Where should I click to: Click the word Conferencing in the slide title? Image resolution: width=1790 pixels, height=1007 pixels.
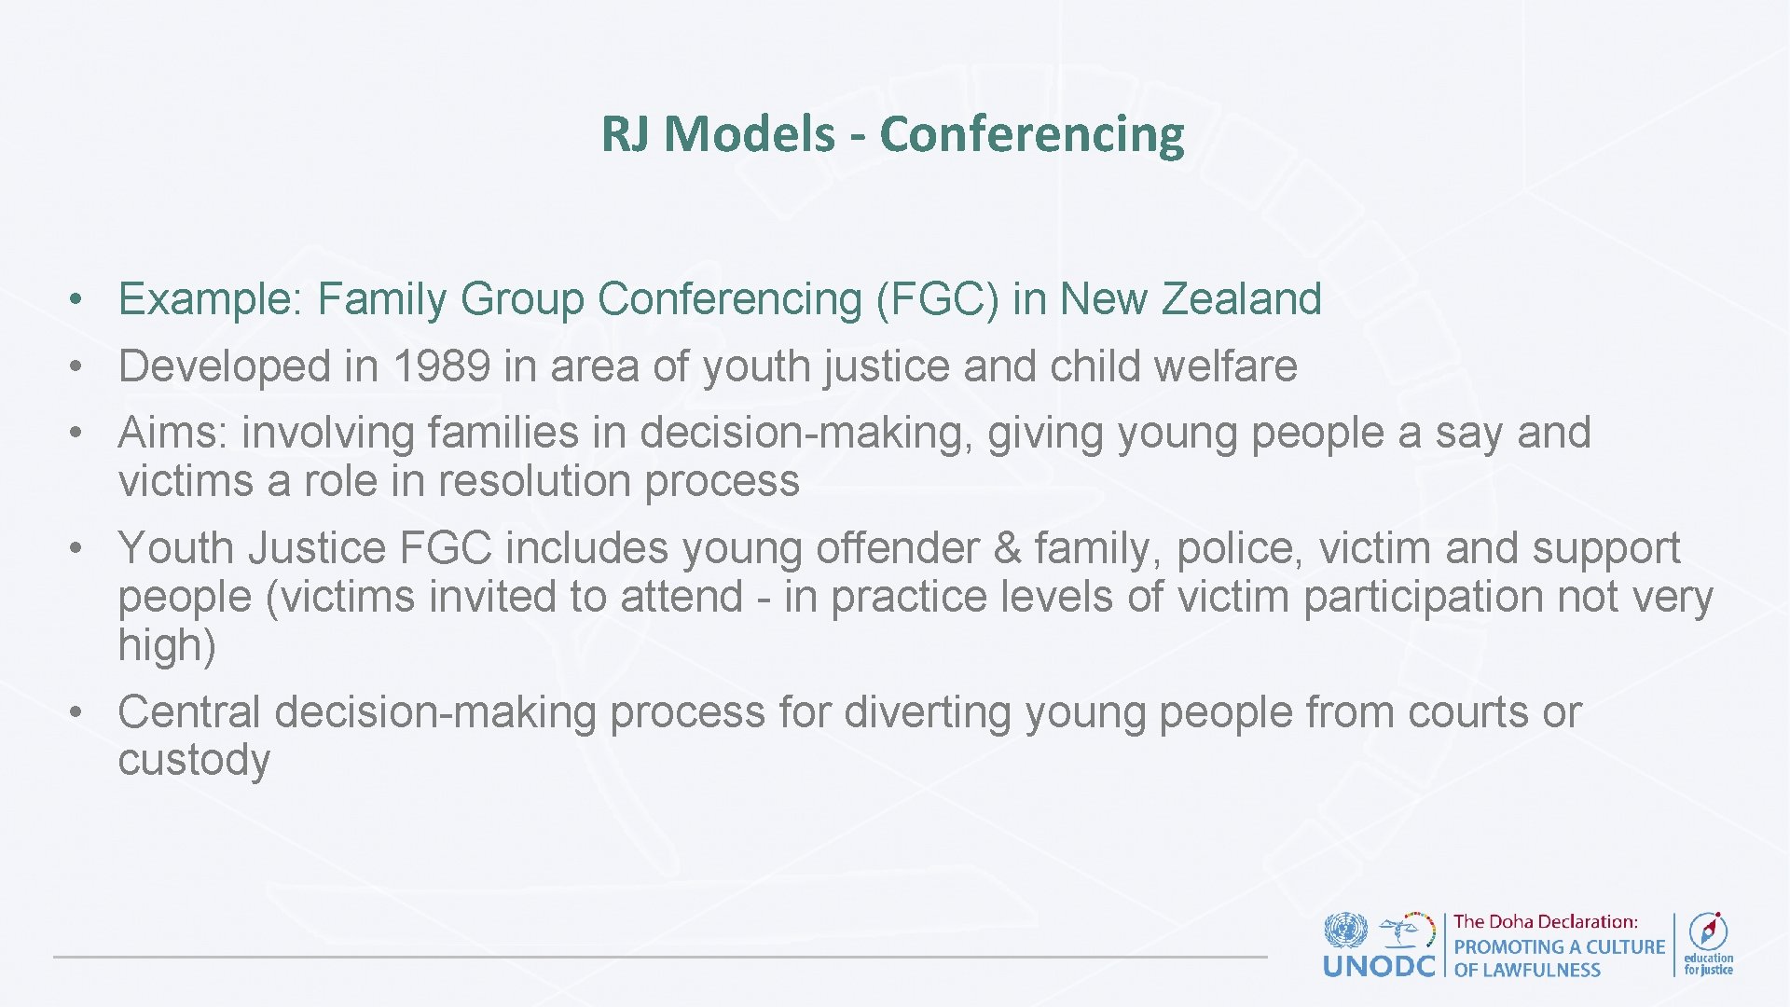(x=1031, y=134)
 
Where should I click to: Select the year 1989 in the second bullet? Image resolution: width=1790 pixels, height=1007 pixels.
(x=441, y=366)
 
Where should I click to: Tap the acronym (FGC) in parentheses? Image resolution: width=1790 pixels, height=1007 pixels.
(x=937, y=300)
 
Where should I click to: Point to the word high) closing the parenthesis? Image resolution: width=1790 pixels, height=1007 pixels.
(x=167, y=645)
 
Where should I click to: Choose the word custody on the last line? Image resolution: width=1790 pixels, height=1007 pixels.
(x=194, y=761)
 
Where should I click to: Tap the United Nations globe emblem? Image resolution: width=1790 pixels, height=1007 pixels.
(x=1345, y=931)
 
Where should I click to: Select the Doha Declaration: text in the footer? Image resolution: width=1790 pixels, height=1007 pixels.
(x=1545, y=922)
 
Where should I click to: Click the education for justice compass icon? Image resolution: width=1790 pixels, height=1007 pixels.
(x=1708, y=931)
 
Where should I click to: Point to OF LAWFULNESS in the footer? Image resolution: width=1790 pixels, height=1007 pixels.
(x=1527, y=971)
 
